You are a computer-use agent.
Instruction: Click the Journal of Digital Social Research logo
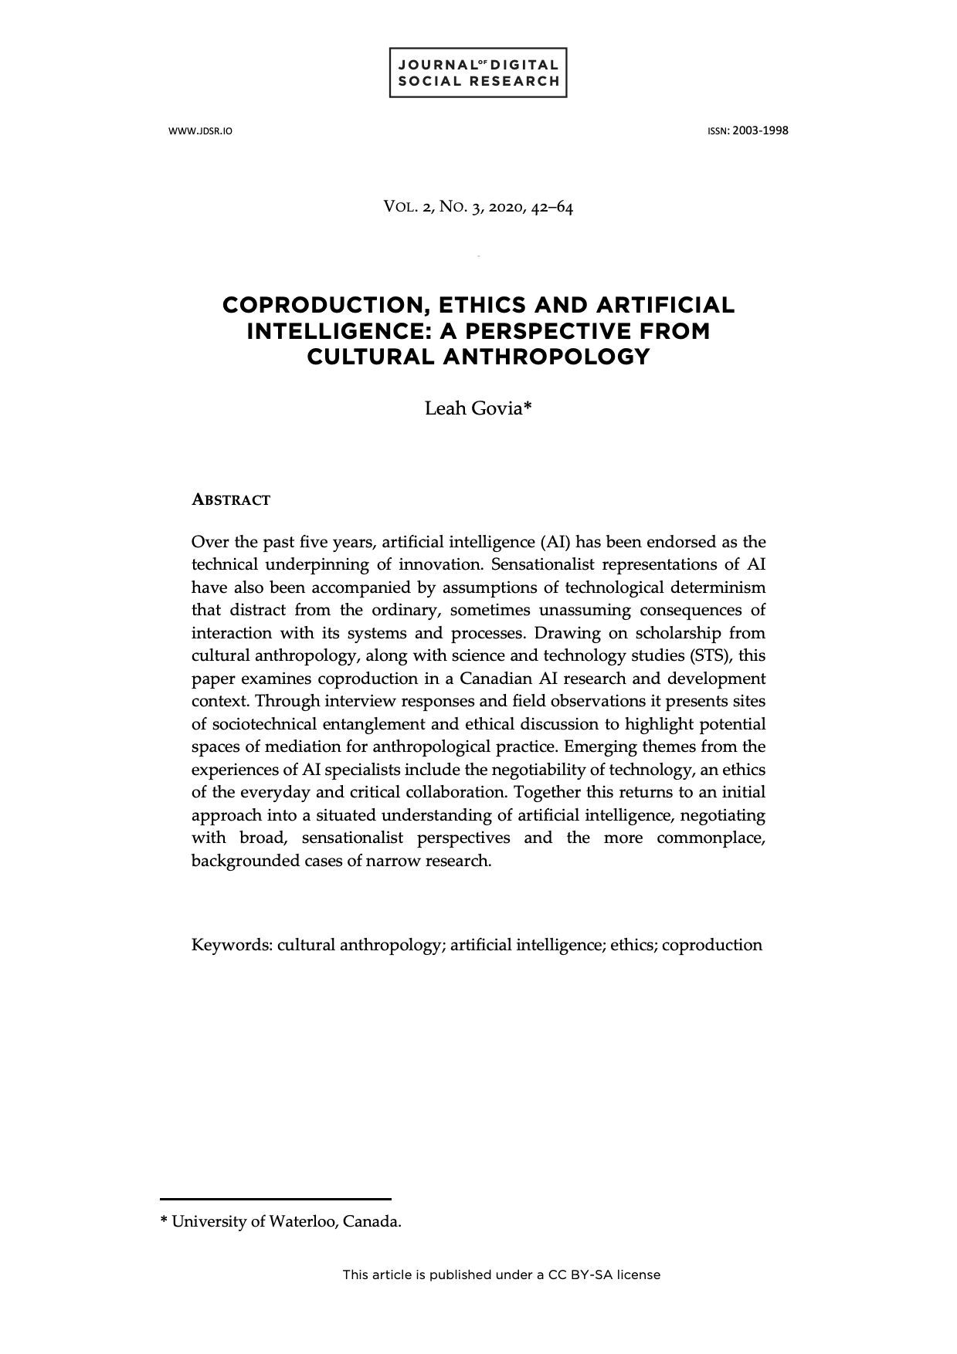coord(478,73)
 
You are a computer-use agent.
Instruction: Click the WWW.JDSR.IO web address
coord(200,131)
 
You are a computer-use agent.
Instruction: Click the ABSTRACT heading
coord(231,500)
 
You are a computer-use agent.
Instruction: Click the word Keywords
coord(230,945)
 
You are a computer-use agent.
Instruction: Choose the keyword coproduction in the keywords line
coord(711,945)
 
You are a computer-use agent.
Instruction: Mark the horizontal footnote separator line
coord(276,1199)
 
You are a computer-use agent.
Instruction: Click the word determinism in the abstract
coord(718,587)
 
